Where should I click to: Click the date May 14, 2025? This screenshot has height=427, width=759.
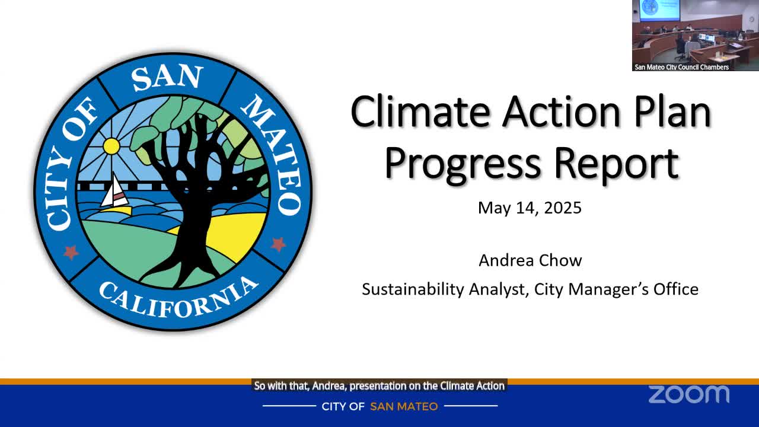[530, 208]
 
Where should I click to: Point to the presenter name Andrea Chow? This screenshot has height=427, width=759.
[530, 260]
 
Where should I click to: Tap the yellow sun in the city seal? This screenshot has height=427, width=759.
[111, 146]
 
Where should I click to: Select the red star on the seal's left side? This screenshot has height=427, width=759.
[71, 252]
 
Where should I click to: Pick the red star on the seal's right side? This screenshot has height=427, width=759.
[279, 244]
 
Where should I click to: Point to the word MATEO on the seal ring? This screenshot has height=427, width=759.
[273, 154]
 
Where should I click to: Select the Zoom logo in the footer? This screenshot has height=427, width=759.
[688, 394]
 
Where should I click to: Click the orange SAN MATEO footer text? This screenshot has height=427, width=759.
[404, 406]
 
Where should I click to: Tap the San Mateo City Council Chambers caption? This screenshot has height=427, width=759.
[681, 67]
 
